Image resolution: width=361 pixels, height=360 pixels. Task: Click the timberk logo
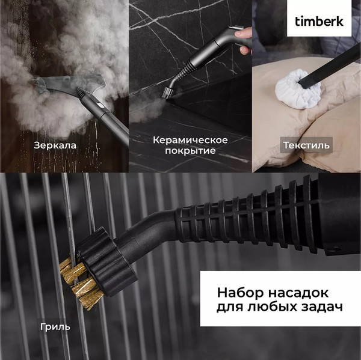click(319, 21)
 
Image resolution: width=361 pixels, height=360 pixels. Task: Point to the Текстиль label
click(306, 145)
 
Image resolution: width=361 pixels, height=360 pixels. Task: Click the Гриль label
click(55, 327)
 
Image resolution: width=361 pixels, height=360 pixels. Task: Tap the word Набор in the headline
click(237, 293)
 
